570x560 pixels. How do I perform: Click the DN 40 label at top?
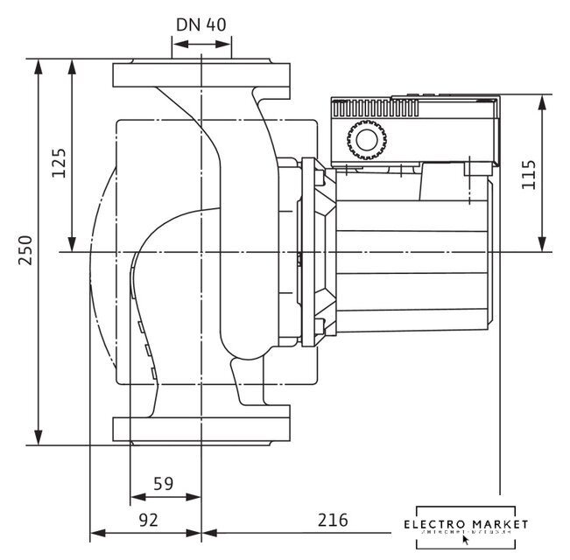[x=201, y=24]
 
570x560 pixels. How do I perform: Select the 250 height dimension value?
[x=26, y=252]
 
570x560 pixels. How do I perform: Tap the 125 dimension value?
[x=59, y=163]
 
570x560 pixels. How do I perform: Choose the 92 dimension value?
[x=149, y=519]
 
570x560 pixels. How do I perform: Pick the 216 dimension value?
[x=333, y=519]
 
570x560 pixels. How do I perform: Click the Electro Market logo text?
[x=466, y=524]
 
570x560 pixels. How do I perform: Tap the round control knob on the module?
[x=364, y=139]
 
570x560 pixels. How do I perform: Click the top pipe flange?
[x=201, y=74]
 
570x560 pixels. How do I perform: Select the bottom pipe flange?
[x=201, y=429]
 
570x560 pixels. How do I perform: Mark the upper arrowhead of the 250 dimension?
[x=38, y=66]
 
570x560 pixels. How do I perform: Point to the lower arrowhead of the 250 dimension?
[x=38, y=437]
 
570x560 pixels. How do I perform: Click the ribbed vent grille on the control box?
[x=376, y=108]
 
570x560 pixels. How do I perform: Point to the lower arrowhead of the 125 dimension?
[x=72, y=244]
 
